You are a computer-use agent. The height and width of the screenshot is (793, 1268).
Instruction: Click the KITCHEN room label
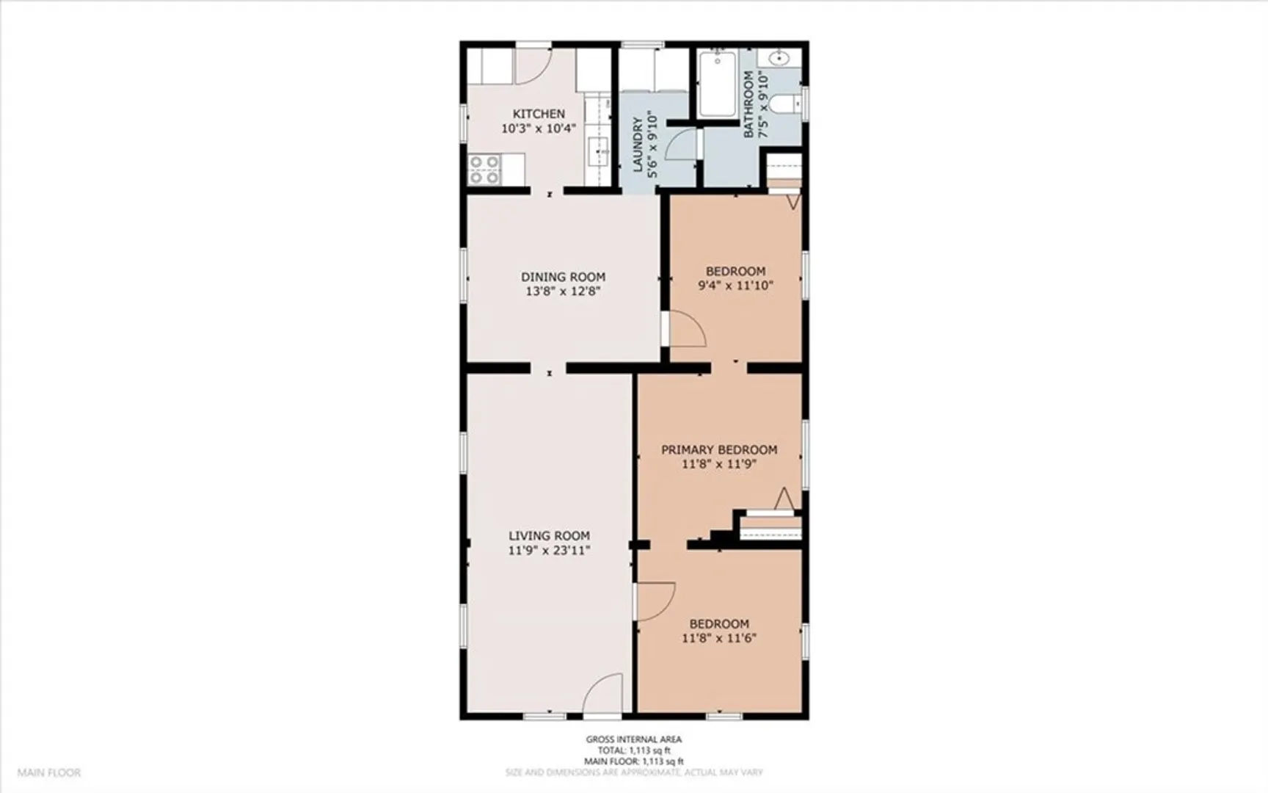[539, 114]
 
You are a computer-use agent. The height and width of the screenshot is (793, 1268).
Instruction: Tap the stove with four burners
[484, 170]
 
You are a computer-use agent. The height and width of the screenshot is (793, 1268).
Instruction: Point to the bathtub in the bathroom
[717, 84]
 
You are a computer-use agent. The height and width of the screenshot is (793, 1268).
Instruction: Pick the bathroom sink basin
[779, 58]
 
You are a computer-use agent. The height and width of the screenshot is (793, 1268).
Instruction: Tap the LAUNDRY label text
[637, 144]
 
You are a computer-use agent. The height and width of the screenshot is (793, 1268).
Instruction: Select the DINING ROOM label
[564, 277]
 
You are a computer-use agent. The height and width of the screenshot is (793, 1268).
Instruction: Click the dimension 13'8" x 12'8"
[564, 292]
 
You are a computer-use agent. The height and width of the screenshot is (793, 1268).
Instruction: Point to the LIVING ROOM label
[549, 536]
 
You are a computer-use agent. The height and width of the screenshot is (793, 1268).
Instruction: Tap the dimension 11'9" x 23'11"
[549, 551]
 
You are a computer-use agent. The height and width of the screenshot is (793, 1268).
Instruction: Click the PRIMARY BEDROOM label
[719, 449]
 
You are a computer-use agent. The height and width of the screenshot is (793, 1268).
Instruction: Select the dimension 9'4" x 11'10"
[735, 286]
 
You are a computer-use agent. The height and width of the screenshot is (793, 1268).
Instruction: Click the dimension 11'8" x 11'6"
[719, 638]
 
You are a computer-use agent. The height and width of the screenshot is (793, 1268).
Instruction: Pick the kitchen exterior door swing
[533, 65]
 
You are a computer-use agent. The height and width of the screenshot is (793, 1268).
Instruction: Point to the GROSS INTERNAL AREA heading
[633, 739]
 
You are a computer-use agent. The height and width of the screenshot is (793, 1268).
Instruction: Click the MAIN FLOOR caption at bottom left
[49, 772]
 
